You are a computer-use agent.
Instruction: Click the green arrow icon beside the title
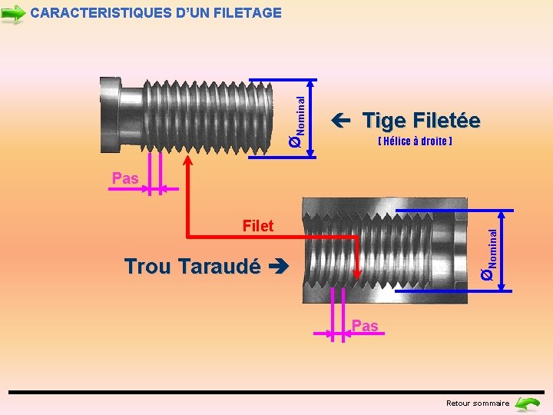[14, 14]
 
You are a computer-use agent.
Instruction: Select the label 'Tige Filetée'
[421, 121]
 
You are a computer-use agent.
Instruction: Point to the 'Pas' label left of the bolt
[125, 178]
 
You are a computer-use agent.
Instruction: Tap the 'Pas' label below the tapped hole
[365, 326]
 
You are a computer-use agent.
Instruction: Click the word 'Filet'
[257, 226]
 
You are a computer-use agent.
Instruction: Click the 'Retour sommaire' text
[478, 403]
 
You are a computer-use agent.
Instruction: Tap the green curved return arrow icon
[528, 403]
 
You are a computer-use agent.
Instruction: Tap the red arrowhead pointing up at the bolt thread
[188, 158]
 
